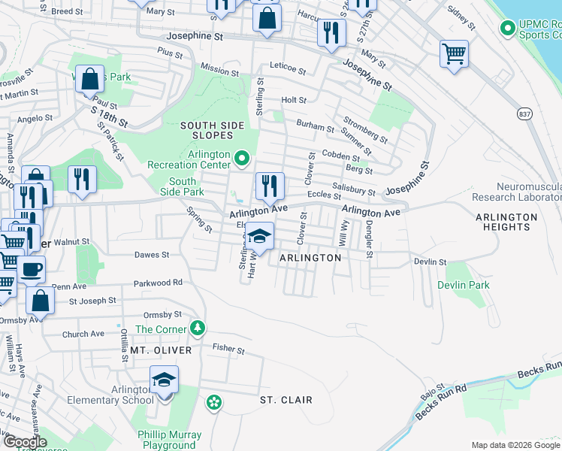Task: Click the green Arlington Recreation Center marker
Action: [241, 158]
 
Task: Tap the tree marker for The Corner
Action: [198, 328]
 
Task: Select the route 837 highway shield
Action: [525, 113]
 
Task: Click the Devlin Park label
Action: [464, 285]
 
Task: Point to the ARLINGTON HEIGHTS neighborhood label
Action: [506, 222]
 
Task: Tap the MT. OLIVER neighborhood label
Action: [161, 350]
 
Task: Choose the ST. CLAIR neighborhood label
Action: [286, 400]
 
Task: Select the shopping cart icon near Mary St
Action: [454, 53]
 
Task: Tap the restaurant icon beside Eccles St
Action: [269, 185]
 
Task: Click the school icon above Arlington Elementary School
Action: [163, 379]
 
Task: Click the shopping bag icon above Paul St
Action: [89, 79]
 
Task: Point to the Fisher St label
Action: [228, 350]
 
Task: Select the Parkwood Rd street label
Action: [158, 283]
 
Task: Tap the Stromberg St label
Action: [365, 129]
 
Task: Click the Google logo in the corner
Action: [26, 442]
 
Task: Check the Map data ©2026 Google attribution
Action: [515, 445]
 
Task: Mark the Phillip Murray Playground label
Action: [169, 440]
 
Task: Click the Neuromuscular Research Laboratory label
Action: [516, 192]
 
